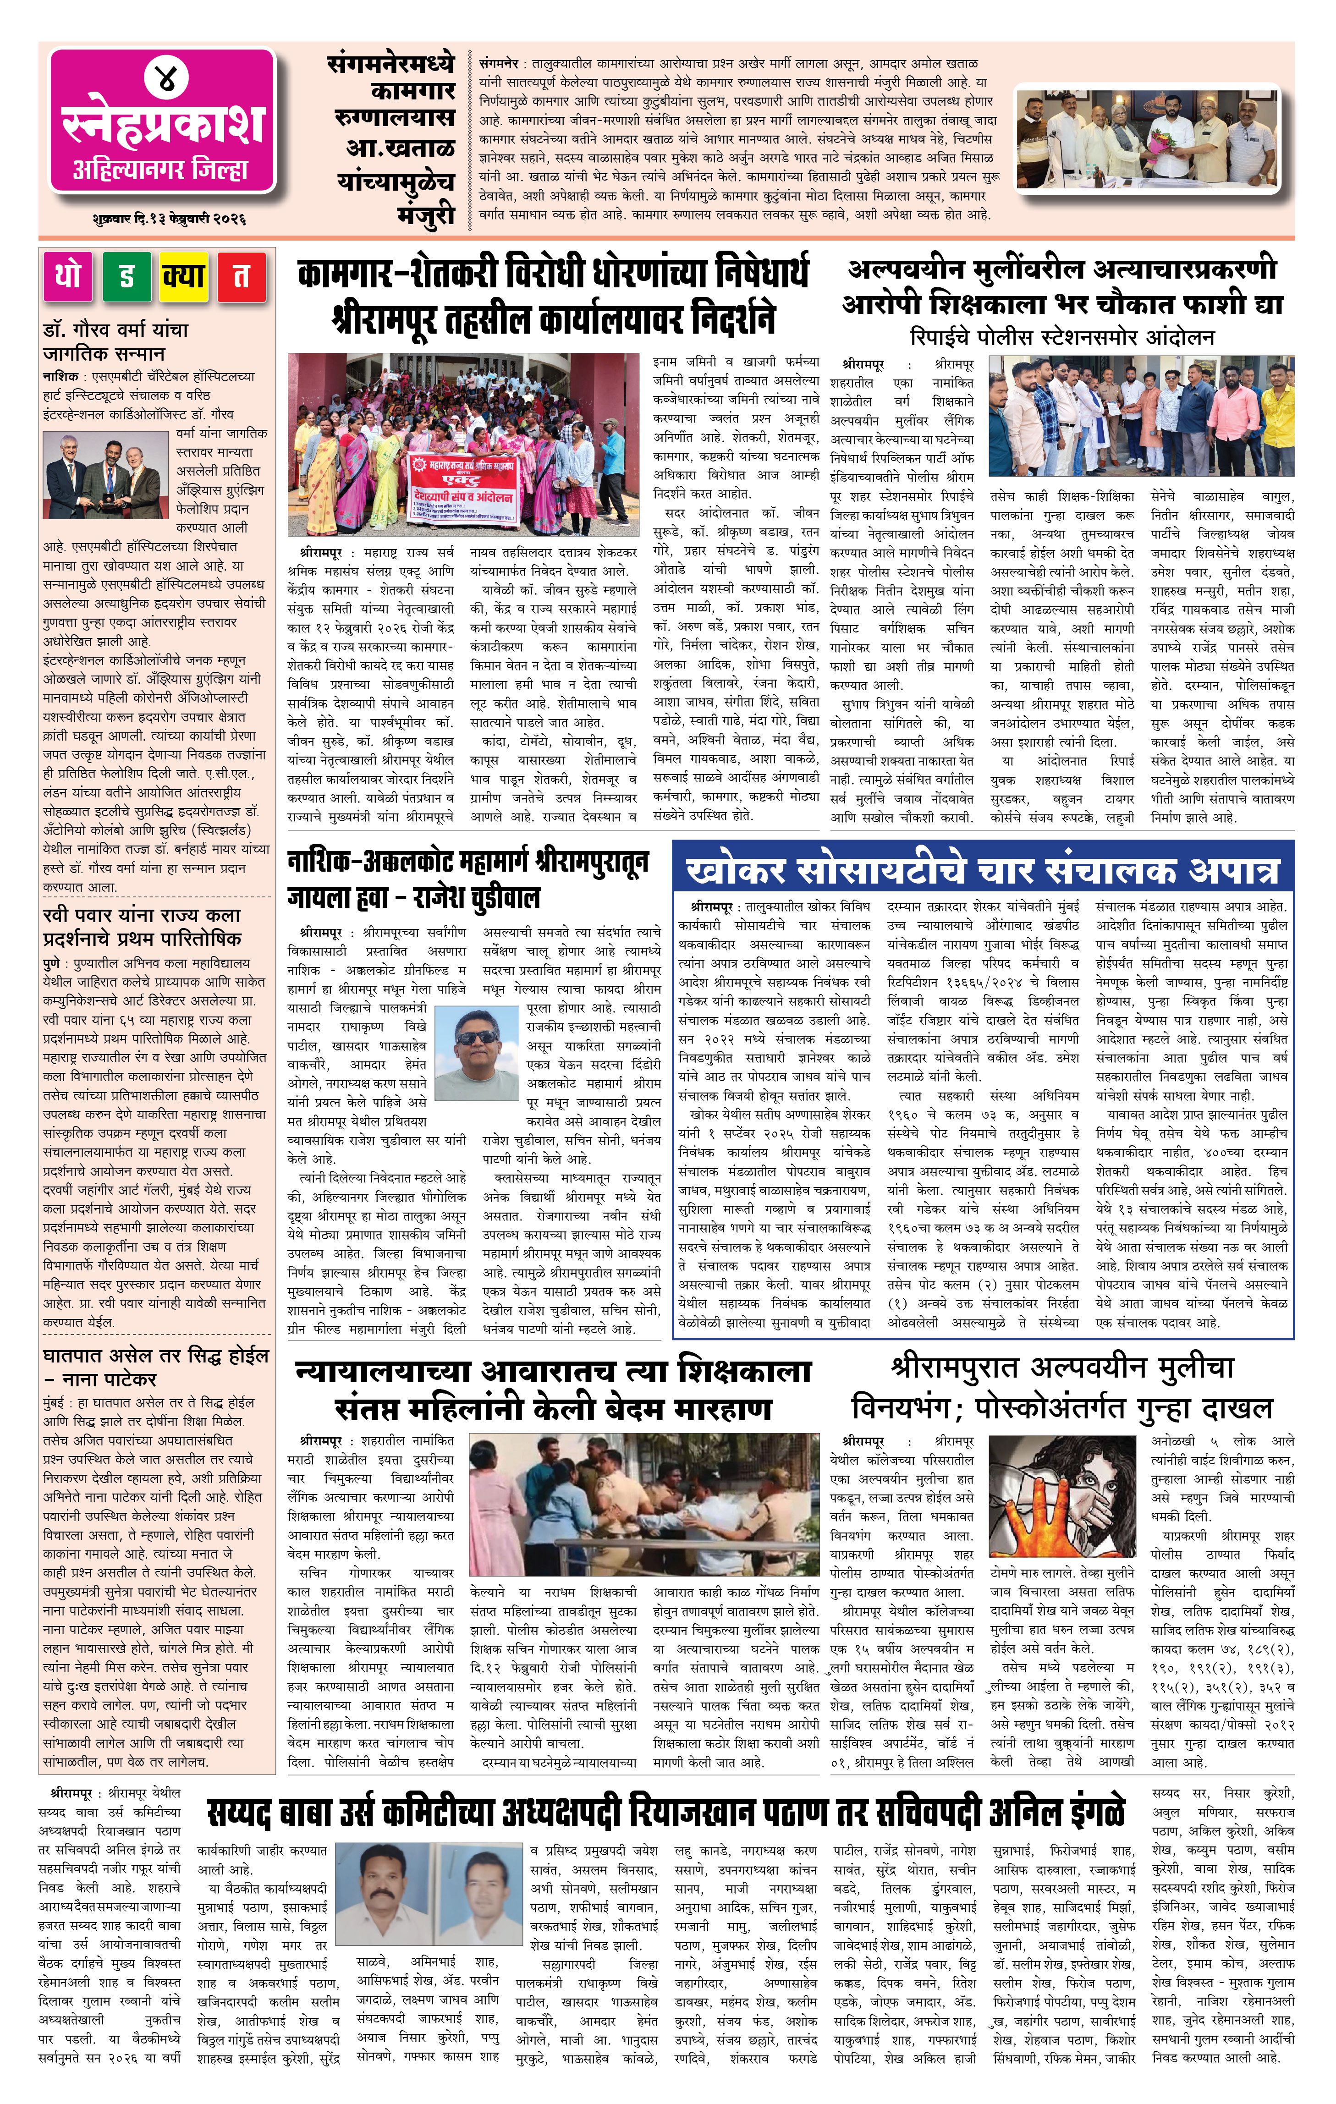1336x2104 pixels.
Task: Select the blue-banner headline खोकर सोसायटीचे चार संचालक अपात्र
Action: click(x=982, y=870)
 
